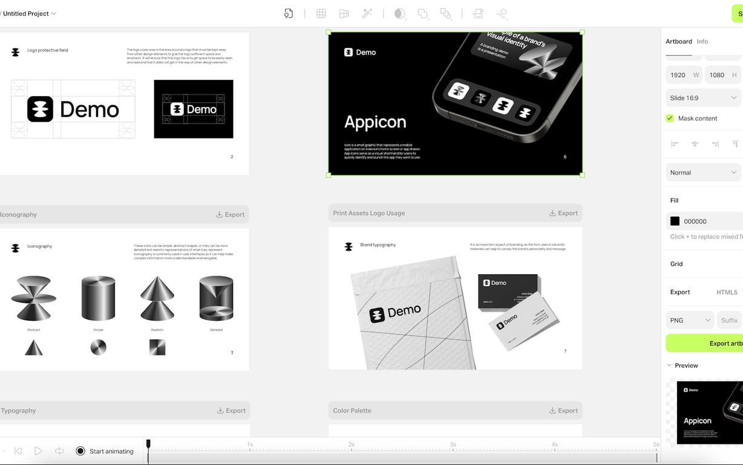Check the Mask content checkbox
pyautogui.click(x=670, y=118)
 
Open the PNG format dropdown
pyautogui.click(x=690, y=320)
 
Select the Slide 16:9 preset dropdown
pyautogui.click(x=703, y=97)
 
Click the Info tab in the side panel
pyautogui.click(x=702, y=42)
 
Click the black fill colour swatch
pyautogui.click(x=675, y=222)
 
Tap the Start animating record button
pyautogui.click(x=80, y=451)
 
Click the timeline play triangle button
pyautogui.click(x=38, y=451)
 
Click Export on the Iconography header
pyautogui.click(x=230, y=214)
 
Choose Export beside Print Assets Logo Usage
pyautogui.click(x=563, y=213)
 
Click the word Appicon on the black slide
pyautogui.click(x=375, y=122)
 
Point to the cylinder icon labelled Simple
pyautogui.click(x=98, y=299)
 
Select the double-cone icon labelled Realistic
pyautogui.click(x=157, y=298)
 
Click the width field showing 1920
pyautogui.click(x=678, y=75)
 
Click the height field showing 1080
pyautogui.click(x=717, y=75)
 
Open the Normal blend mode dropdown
pyautogui.click(x=703, y=173)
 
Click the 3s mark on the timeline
pyautogui.click(x=453, y=444)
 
